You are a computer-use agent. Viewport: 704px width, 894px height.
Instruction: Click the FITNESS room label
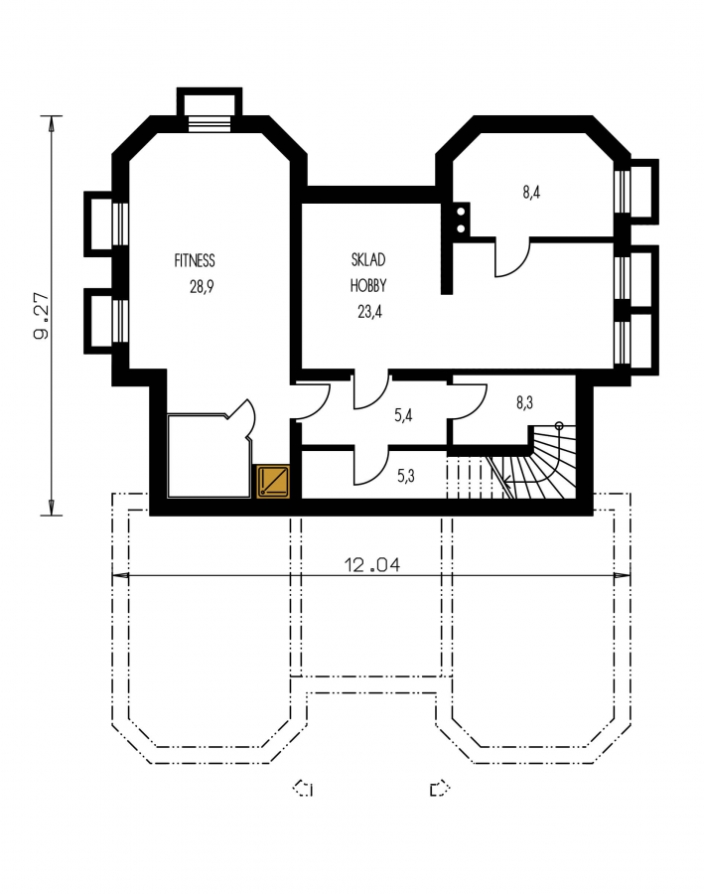coord(195,260)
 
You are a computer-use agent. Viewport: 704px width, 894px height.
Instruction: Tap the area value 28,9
coord(202,286)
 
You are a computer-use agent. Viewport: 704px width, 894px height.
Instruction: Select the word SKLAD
coord(368,259)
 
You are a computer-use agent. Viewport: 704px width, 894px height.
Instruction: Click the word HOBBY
coord(368,285)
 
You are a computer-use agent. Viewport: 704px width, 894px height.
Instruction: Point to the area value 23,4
coord(369,311)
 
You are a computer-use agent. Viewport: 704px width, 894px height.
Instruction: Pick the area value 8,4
coord(531,192)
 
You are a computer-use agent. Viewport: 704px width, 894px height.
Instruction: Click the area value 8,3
coord(524,402)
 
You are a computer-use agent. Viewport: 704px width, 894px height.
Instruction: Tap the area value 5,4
coord(403,415)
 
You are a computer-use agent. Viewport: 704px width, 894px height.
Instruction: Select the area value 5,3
coord(406,475)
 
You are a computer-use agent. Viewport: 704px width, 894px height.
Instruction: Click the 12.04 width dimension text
coord(371,564)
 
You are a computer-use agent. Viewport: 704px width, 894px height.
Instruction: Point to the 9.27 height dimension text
coord(41,316)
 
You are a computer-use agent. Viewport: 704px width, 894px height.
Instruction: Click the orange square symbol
coord(273,482)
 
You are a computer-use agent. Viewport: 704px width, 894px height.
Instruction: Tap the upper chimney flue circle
coord(461,212)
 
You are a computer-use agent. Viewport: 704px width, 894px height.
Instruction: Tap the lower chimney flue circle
coord(461,228)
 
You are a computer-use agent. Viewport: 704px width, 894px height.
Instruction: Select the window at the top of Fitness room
coord(210,124)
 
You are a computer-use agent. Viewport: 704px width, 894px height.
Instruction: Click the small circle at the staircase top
coord(559,425)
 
